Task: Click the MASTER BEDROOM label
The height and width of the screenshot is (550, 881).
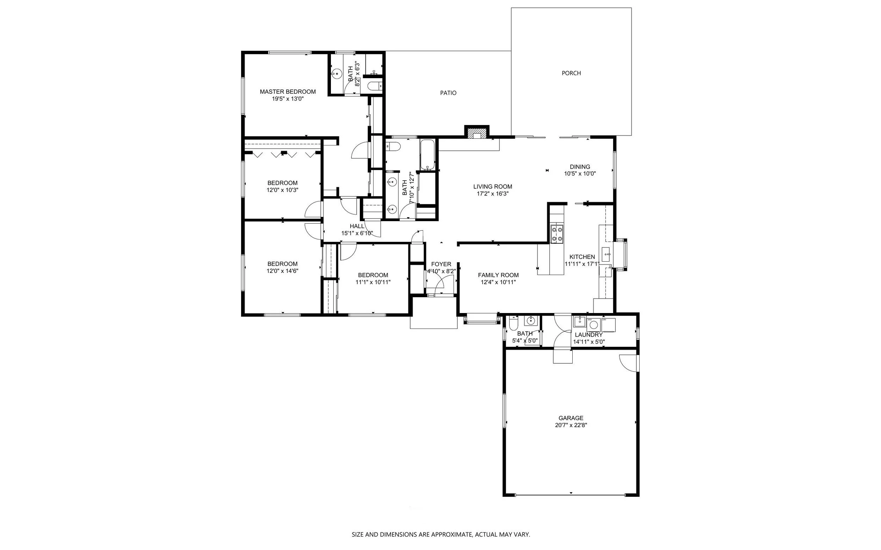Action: tap(288, 92)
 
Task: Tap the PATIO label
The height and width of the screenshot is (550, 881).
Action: tap(448, 93)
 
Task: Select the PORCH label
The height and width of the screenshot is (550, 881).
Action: tap(571, 73)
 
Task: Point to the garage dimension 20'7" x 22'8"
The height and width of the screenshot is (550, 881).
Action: tap(571, 425)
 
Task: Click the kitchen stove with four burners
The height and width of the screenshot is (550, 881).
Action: tap(557, 234)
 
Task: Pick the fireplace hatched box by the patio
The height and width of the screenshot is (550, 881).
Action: tap(476, 133)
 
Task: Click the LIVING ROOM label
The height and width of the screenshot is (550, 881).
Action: tap(493, 187)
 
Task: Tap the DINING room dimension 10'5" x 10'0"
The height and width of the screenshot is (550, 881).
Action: tap(580, 174)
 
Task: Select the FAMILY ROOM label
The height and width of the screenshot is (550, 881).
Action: tap(498, 275)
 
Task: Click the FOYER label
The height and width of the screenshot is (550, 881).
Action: tap(441, 264)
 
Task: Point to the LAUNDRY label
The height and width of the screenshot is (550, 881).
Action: tap(589, 335)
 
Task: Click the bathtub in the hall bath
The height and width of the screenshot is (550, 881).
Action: tap(427, 155)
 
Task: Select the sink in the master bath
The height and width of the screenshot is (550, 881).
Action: tap(337, 74)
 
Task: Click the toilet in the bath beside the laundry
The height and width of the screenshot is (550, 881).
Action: tap(513, 322)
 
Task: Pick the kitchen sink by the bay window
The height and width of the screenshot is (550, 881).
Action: tap(606, 254)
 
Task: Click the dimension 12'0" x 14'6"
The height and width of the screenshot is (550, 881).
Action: tap(283, 271)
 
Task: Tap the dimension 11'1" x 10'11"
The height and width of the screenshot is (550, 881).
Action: tap(373, 282)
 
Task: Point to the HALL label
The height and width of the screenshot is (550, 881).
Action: tap(357, 226)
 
